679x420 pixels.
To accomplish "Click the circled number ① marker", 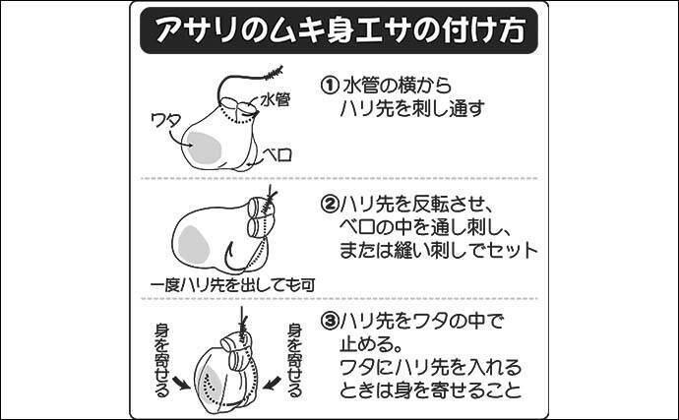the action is pos(329,86).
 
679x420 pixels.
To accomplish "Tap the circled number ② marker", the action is pos(329,205).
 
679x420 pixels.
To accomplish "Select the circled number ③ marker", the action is pos(329,322).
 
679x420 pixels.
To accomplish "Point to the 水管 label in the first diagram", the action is pos(276,100).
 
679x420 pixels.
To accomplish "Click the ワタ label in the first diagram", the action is pos(165,120).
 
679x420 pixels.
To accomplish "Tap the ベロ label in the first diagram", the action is pos(278,154).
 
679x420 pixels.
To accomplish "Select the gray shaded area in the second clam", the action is pos(194,245).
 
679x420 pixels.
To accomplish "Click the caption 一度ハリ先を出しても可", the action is pos(232,285).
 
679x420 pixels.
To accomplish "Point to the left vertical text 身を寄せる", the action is pos(162,360).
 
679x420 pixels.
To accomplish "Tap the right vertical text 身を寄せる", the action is pos(295,360).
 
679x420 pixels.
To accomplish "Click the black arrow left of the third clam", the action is pos(181,383).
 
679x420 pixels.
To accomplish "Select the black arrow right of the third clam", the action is pos(272,383).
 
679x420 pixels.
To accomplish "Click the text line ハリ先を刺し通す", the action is pos(412,108).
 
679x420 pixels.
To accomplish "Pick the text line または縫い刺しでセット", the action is pos(438,250).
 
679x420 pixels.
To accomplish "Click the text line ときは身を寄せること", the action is pos(430,390).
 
